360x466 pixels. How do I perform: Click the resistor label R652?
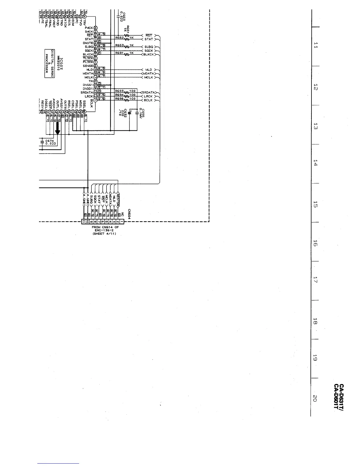point(119,38)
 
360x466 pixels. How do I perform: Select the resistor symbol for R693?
point(127,92)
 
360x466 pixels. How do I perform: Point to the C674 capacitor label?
point(49,141)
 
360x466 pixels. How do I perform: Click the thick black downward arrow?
point(58,128)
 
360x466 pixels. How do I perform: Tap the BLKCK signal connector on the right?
point(149,54)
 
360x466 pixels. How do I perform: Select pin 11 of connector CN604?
point(84,221)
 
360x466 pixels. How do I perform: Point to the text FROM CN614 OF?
point(105,227)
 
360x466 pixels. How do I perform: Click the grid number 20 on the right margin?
point(315,398)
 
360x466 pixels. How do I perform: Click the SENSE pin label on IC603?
point(88,66)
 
